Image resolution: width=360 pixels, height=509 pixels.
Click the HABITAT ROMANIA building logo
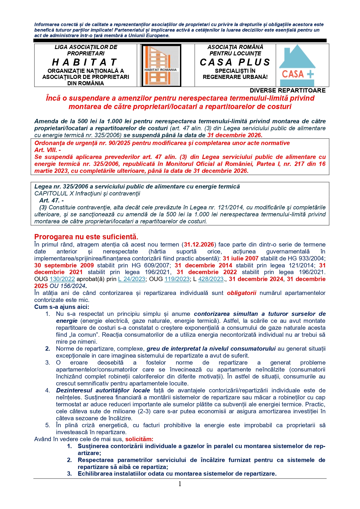pos(161,65)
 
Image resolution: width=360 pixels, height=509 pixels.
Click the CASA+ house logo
pos(297,65)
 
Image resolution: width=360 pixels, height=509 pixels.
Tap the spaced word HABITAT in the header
pos(85,62)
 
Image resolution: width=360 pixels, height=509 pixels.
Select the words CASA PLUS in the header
pos(235,62)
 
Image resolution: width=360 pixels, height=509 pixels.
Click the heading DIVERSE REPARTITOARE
pos(287,90)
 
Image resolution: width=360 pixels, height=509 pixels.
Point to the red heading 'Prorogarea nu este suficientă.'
pos(86,237)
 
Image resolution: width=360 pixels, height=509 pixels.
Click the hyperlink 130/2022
pos(62,279)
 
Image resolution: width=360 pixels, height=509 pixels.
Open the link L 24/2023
pos(131,279)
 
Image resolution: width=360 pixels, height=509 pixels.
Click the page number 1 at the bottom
pos(180,484)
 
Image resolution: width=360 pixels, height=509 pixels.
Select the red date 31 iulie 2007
pos(240,258)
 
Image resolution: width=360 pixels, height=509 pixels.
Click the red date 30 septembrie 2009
pos(64,265)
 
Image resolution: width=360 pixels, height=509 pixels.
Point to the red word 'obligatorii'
pos(241,293)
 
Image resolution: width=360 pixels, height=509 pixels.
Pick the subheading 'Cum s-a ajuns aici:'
pos(62,307)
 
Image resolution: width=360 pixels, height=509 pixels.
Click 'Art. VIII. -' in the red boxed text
pos(48,150)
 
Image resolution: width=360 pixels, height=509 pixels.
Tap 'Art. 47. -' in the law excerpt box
pos(52,200)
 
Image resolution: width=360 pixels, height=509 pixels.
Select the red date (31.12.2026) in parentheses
pos(199,244)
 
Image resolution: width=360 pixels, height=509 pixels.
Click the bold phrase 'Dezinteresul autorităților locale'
pos(103,390)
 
